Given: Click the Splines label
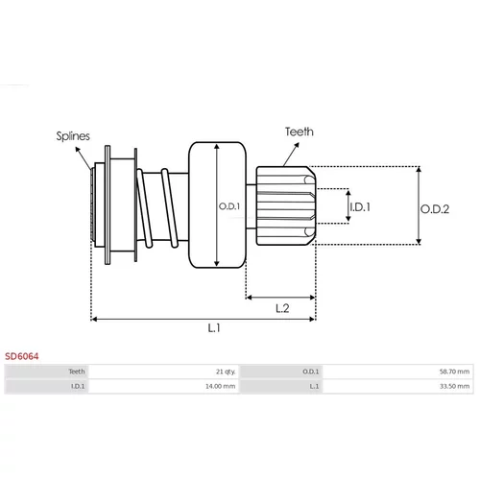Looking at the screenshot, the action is tap(73, 136).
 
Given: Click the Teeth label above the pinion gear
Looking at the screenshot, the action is tap(300, 132).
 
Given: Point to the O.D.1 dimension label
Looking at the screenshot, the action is tap(229, 206).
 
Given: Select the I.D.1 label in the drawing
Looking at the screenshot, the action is tap(360, 207).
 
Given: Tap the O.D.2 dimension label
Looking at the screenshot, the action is tap(435, 209).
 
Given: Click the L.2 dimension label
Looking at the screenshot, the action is tap(282, 308).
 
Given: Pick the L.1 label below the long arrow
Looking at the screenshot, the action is tap(214, 328).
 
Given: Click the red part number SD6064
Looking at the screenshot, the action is tap(22, 356).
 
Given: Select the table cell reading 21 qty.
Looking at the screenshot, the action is tap(226, 372).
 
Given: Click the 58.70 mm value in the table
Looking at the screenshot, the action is tap(454, 372).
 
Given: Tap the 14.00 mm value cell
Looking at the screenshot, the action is tap(221, 386).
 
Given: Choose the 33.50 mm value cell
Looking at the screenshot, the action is tap(454, 386).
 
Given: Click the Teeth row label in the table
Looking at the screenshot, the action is tap(77, 372).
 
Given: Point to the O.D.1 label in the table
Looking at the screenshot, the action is tap(311, 372).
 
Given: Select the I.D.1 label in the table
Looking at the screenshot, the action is tap(78, 386).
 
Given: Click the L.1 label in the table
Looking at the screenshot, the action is tap(314, 386).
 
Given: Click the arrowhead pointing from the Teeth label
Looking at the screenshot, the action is tap(297, 145).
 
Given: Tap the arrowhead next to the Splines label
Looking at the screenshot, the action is tap(78, 150).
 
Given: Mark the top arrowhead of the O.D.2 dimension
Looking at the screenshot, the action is tap(419, 170).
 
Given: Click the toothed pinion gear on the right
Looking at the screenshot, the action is tap(286, 205).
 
